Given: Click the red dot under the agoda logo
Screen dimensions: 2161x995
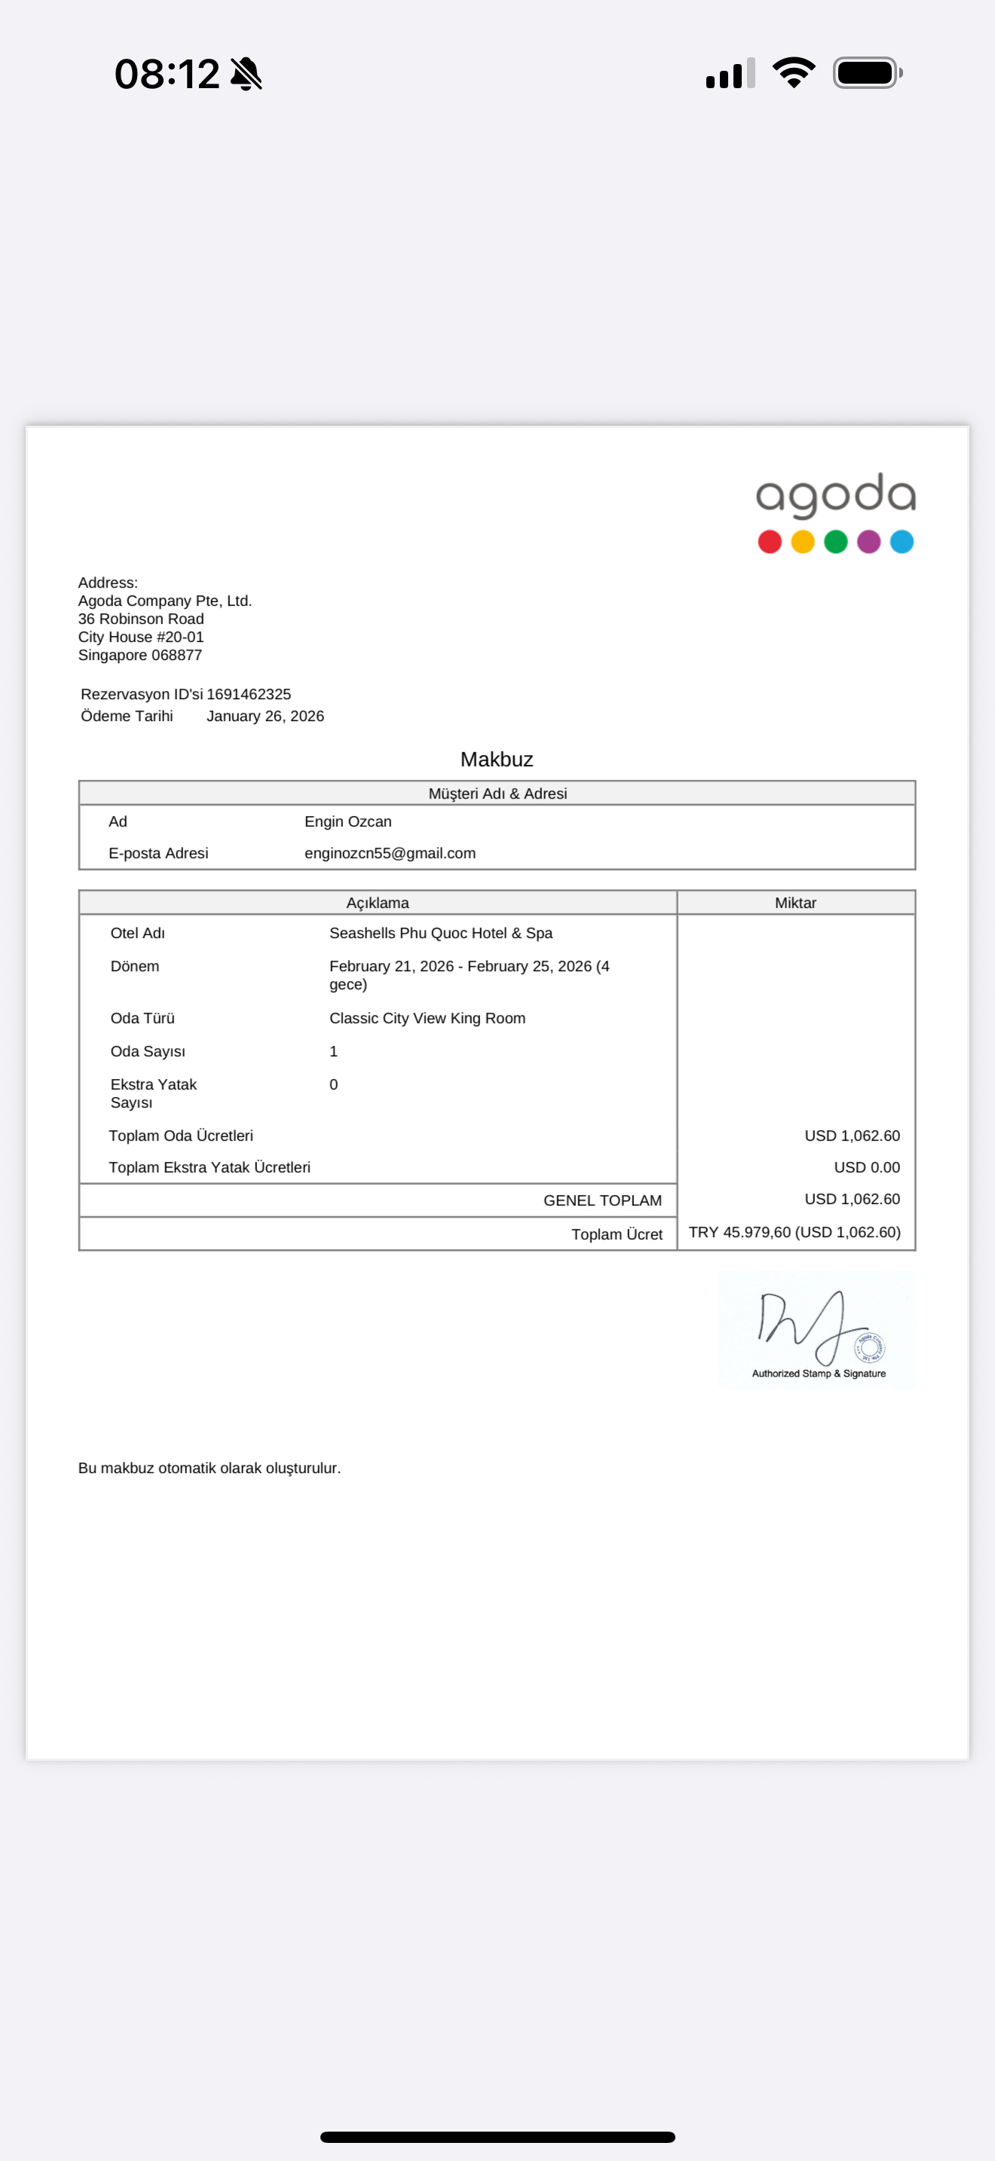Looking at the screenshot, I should [x=770, y=542].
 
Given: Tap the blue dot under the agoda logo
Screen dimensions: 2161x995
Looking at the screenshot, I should [x=902, y=542].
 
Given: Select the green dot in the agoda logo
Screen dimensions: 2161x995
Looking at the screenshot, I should [x=836, y=542].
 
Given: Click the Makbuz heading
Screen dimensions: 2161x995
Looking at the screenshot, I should [x=497, y=760].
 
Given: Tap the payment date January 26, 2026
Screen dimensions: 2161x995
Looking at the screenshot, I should [x=265, y=716].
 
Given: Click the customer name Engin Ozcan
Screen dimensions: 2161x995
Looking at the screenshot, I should [x=347, y=821].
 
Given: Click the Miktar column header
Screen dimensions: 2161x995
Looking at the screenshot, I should [x=795, y=903].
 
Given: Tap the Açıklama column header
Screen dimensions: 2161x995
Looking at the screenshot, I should [x=378, y=903].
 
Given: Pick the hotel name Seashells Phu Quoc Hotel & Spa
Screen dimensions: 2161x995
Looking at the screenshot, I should [x=440, y=933].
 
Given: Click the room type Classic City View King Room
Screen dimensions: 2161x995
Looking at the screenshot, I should [x=427, y=1017].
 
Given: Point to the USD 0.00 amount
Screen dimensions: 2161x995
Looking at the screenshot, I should [x=867, y=1167].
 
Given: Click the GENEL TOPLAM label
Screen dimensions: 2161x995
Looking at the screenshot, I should [x=602, y=1200].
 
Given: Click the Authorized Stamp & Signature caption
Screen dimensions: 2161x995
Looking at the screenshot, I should [x=819, y=1374].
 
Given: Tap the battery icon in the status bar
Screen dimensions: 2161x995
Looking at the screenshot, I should [x=867, y=73].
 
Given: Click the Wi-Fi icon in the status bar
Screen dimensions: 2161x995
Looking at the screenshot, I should [x=794, y=73].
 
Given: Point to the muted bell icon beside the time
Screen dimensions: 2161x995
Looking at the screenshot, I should [x=246, y=74].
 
